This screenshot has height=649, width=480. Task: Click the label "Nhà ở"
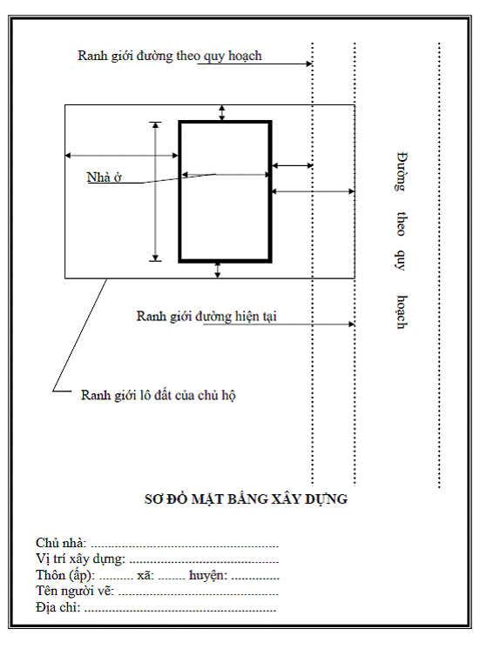tap(104, 177)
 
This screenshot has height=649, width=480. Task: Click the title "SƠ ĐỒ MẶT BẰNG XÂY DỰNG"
tap(246, 499)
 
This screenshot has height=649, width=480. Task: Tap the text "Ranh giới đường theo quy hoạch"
tap(170, 56)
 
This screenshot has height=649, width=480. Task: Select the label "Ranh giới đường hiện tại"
tap(206, 316)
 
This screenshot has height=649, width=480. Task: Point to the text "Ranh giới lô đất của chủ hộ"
tap(158, 395)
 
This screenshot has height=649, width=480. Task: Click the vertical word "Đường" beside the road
tap(401, 171)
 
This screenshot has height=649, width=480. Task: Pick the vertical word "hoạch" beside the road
tap(401, 312)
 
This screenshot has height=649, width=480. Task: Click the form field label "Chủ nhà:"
tap(61, 543)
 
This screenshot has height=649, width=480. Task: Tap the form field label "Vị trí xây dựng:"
tap(80, 559)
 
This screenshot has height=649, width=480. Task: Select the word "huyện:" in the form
tap(208, 575)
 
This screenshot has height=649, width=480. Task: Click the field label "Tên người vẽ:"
tap(75, 591)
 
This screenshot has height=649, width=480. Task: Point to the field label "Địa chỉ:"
tap(58, 607)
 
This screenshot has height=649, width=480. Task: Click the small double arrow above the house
tap(222, 113)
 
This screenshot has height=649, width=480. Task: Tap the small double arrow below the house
tap(217, 270)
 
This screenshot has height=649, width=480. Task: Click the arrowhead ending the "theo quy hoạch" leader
tap(309, 64)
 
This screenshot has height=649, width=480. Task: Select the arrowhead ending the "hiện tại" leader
tap(351, 324)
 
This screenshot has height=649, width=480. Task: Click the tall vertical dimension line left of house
tap(155, 191)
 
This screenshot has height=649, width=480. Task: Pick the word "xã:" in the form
tap(145, 575)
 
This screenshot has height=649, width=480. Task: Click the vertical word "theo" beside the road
tap(401, 224)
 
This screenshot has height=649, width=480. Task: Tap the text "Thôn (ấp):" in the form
tap(65, 575)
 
